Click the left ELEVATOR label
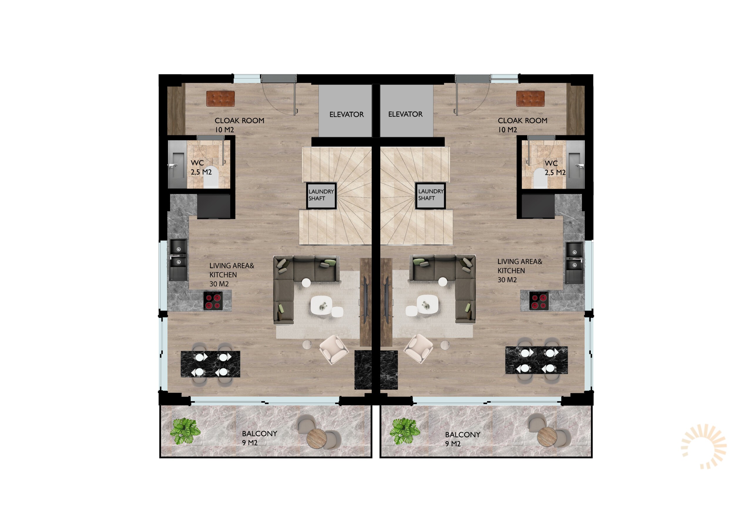(x=347, y=114)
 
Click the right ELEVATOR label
(x=405, y=114)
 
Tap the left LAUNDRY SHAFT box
(x=321, y=195)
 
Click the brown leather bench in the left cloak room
(x=220, y=99)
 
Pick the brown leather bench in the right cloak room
(x=530, y=99)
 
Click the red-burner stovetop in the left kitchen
(x=213, y=301)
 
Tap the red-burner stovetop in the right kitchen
(x=539, y=301)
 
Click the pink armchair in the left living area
(x=333, y=349)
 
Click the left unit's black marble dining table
(x=210, y=364)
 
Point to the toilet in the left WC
(x=211, y=177)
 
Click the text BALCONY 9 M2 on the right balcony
(x=462, y=439)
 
